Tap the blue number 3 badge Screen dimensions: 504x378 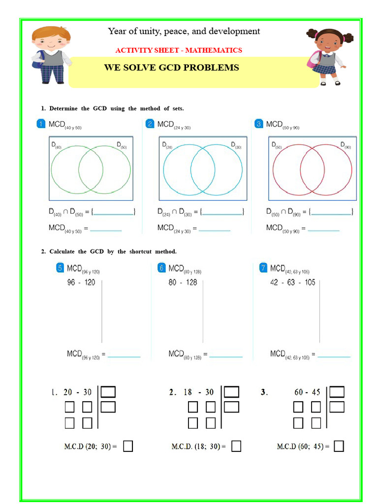click(259, 124)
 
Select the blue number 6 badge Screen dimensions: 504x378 click(161, 268)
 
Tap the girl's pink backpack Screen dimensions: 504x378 click(313, 60)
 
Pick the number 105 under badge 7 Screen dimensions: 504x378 click(310, 283)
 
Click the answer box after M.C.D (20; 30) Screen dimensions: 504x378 click(127, 446)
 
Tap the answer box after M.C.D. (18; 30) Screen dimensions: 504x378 click(236, 446)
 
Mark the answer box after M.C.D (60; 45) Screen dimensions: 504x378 click(339, 446)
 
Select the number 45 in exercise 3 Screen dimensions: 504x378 click(315, 392)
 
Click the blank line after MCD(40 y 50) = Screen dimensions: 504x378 click(105, 230)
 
